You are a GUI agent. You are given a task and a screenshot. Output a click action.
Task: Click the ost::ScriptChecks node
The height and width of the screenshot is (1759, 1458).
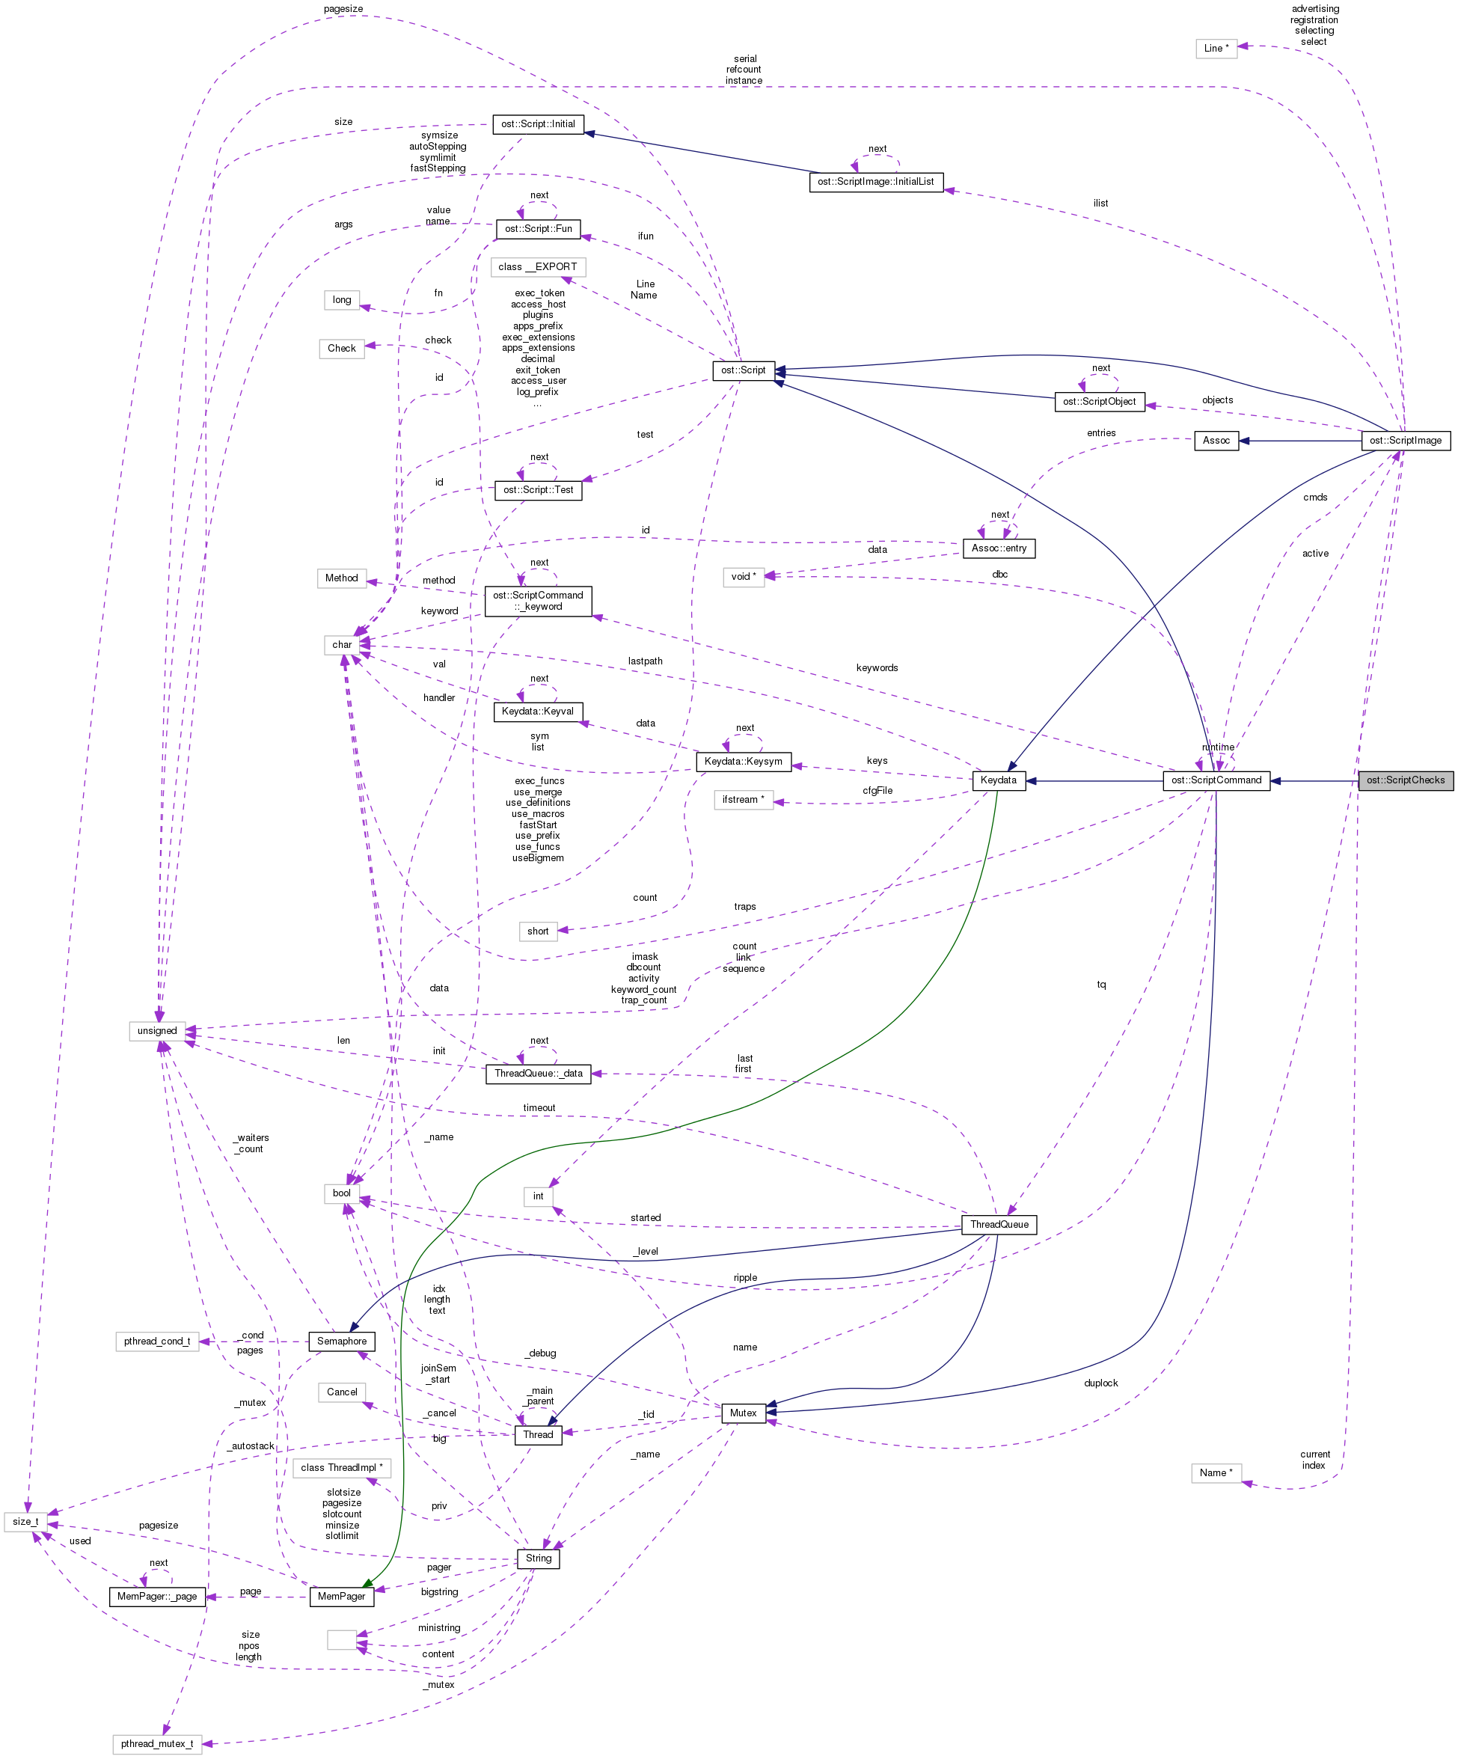click(1405, 780)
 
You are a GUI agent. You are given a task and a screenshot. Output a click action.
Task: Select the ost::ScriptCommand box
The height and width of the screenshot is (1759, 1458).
click(1216, 780)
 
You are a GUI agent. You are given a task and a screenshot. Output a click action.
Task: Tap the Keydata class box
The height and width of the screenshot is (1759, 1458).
click(998, 780)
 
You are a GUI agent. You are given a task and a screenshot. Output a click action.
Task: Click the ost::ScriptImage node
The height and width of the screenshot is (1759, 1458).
click(1405, 441)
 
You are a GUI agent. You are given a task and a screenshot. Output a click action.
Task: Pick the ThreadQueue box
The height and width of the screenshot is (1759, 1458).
click(999, 1225)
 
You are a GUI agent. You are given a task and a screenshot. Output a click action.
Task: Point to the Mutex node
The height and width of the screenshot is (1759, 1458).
click(743, 1413)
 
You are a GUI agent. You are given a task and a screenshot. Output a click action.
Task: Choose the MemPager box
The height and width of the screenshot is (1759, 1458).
click(342, 1597)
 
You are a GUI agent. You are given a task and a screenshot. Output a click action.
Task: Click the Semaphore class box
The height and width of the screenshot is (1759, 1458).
click(342, 1341)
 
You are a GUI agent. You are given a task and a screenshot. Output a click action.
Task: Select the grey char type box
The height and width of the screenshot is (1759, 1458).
click(342, 645)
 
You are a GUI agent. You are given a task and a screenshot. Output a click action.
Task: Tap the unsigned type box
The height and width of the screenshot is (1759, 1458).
click(157, 1031)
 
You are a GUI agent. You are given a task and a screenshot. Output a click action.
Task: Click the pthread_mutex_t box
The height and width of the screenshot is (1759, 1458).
click(156, 1744)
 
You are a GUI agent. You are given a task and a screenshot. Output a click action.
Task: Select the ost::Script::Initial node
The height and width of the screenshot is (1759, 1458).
click(538, 124)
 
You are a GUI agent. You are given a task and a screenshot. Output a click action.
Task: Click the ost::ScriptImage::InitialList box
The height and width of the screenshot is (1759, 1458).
click(876, 182)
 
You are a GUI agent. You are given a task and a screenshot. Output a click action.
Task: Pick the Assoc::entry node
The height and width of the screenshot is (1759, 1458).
click(999, 548)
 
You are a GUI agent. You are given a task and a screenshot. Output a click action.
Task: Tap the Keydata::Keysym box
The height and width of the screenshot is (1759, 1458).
click(743, 762)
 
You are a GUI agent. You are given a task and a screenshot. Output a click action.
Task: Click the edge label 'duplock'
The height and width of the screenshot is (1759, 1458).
click(1100, 1383)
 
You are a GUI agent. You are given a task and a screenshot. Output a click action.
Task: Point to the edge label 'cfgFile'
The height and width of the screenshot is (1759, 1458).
click(877, 791)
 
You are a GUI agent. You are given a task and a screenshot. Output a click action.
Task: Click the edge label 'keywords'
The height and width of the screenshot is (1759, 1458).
click(877, 667)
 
